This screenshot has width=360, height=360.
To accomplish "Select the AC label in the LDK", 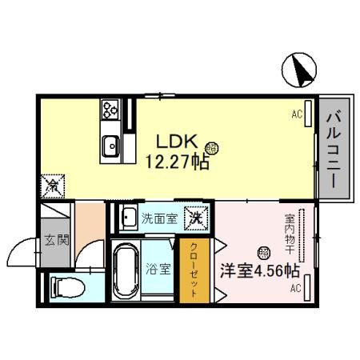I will (297, 115).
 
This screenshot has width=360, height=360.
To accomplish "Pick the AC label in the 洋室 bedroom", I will (295, 287).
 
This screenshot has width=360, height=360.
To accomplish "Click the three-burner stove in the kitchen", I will (110, 109).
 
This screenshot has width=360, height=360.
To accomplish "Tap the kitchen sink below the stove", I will (111, 146).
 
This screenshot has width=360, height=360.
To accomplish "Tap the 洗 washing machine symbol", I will (194, 217).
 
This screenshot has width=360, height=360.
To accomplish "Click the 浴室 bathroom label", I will (158, 269).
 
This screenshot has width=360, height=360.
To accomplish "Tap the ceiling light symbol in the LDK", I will (210, 147).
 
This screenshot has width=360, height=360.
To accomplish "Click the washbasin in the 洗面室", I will (128, 217).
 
